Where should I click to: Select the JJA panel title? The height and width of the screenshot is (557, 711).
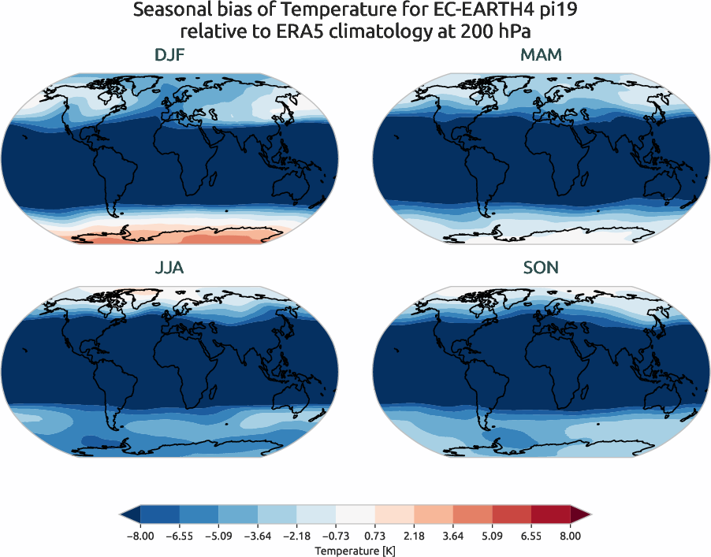click(170, 268)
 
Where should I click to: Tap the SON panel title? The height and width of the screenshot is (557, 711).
click(541, 268)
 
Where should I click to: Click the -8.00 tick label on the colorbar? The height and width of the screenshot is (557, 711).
click(140, 536)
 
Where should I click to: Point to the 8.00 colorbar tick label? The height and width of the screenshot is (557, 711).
click(571, 536)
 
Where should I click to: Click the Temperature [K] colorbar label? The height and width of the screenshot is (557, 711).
click(355, 550)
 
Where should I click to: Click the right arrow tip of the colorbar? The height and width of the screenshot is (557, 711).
click(588, 514)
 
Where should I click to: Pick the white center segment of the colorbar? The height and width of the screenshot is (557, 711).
click(355, 514)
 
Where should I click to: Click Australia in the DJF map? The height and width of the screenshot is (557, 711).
click(288, 188)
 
